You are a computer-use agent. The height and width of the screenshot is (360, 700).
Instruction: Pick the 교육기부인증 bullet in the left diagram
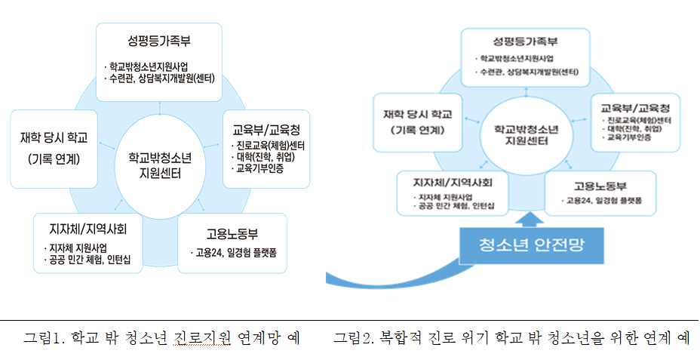pos(259,169)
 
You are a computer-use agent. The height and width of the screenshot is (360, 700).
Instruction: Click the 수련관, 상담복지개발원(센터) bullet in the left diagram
pos(161,76)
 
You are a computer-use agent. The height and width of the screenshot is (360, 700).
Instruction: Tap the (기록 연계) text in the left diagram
pos(54,159)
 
